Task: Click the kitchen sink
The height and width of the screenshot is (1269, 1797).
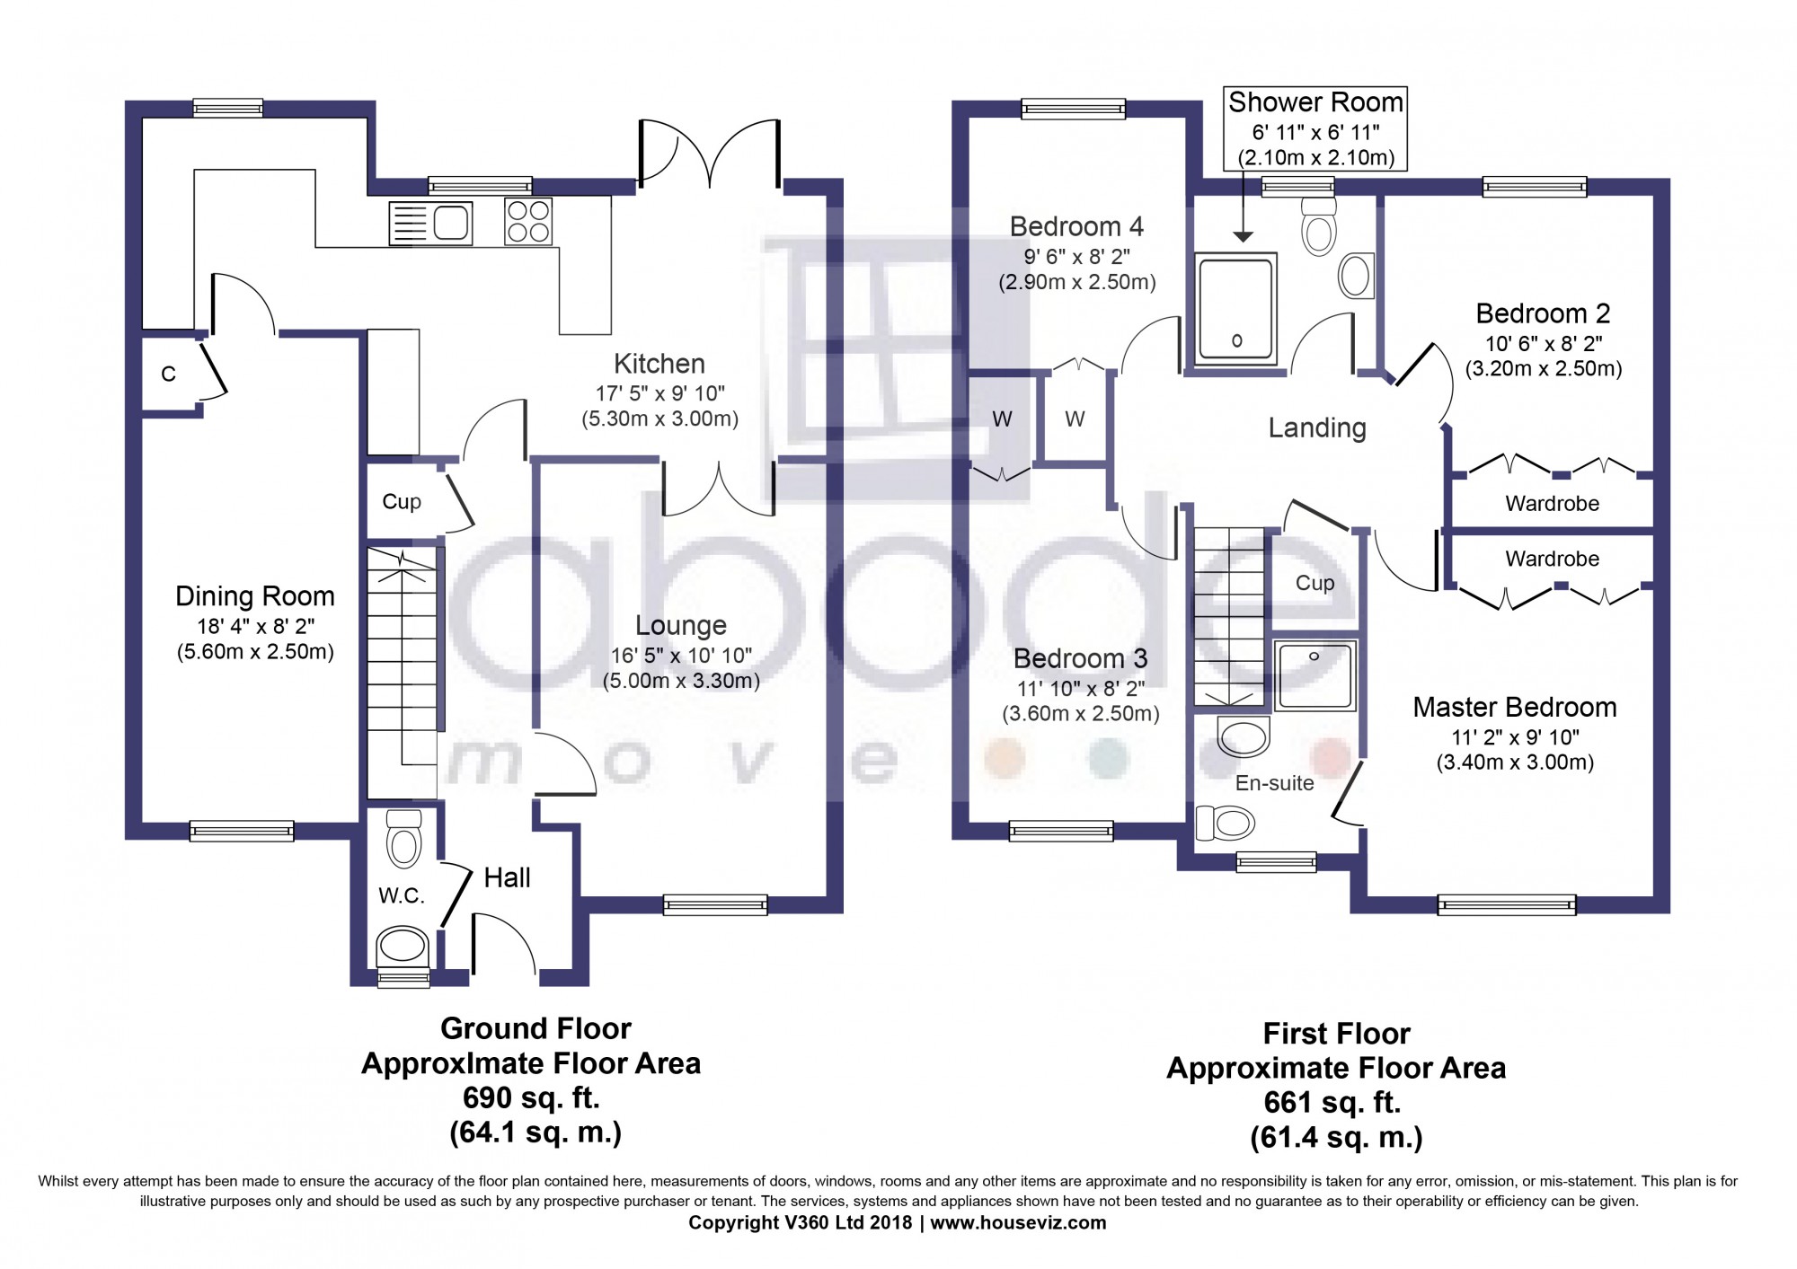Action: tap(430, 223)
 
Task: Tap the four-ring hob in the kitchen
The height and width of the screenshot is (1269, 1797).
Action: tap(528, 221)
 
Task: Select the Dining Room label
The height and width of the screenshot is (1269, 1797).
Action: tap(255, 596)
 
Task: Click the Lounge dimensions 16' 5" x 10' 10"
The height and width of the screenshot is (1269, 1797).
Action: tap(681, 656)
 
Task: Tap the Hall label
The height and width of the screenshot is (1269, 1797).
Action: tap(508, 877)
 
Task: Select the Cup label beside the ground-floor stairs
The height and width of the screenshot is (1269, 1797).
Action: tap(402, 502)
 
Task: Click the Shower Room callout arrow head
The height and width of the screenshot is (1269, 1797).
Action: tap(1243, 236)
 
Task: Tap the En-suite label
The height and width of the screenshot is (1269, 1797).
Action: tap(1274, 783)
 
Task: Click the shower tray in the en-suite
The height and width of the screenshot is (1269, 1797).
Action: tap(1315, 675)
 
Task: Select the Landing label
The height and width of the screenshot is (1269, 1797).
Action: tap(1317, 428)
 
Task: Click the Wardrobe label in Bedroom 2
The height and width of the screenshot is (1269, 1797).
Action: tap(1552, 504)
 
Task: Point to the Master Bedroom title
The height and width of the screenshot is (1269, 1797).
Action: tap(1515, 708)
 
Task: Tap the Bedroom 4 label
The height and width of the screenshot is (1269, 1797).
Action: tap(1076, 226)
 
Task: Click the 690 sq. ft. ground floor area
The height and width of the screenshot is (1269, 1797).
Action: tap(531, 1097)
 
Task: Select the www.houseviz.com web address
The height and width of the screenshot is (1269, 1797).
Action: tap(1018, 1222)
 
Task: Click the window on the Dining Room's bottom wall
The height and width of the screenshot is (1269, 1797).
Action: tap(242, 831)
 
